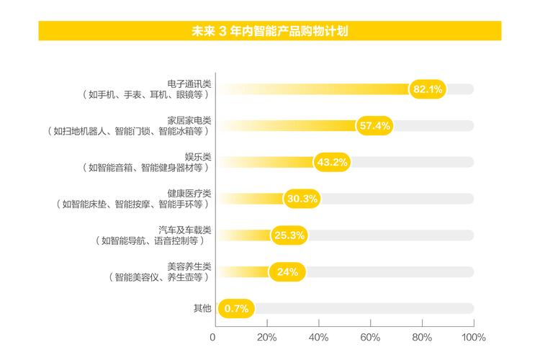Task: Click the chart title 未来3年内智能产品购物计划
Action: pos(270,32)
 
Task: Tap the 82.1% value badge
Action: pos(428,89)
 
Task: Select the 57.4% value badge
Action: pos(374,126)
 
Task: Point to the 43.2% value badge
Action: pos(332,162)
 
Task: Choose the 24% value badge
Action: pos(287,271)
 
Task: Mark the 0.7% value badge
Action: pos(236,308)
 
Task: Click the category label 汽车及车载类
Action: pos(186,229)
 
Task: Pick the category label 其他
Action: pos(202,308)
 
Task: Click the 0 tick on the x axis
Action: pos(213,337)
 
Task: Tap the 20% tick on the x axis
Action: pos(266,337)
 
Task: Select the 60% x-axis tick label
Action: pos(370,337)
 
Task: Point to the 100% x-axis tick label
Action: pos(473,337)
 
